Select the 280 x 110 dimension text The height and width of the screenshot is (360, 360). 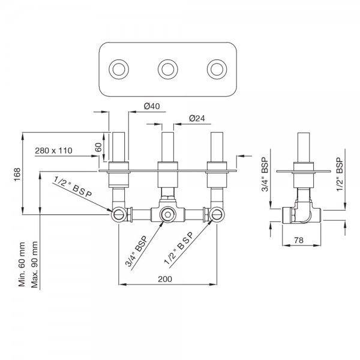61,150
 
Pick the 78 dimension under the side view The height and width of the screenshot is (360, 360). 303,241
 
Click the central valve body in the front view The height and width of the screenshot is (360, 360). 168,213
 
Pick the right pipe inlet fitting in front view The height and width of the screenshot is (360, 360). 215,213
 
